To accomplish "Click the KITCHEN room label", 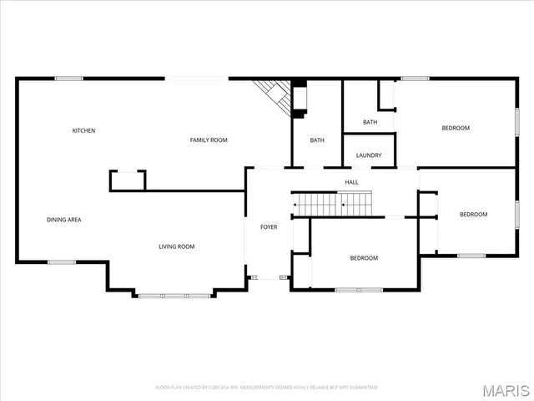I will (x=83, y=130).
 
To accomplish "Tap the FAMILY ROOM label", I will (x=209, y=140).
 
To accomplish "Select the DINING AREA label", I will (x=63, y=220).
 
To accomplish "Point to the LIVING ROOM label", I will (x=177, y=246).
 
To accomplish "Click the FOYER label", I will (x=269, y=227).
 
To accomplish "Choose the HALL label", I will (x=352, y=181).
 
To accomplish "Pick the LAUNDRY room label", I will (x=369, y=155).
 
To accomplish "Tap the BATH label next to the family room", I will (x=317, y=140).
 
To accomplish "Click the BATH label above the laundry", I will (x=370, y=123).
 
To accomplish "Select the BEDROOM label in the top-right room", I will (x=456, y=128).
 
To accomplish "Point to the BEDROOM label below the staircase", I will (x=364, y=258).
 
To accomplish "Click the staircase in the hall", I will (x=330, y=202).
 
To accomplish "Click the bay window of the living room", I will (x=175, y=295).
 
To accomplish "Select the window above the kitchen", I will (x=68, y=79).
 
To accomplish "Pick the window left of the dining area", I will (x=61, y=262).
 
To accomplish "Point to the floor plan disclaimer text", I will (x=267, y=388).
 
